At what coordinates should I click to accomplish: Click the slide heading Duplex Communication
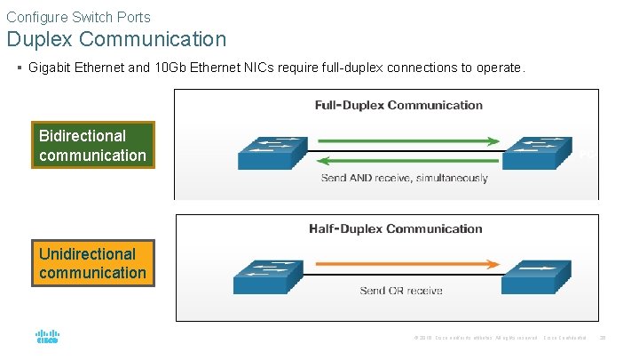pos(116,39)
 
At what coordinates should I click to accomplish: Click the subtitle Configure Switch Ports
pos(78,16)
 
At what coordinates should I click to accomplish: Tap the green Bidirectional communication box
pos(92,145)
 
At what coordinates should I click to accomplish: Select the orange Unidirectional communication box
pos(92,263)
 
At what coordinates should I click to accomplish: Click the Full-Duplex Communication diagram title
pos(398,105)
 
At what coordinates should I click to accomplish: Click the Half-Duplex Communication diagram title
pos(395,228)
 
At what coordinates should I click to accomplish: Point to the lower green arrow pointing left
pos(404,160)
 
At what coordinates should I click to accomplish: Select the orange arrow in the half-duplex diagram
pos(404,265)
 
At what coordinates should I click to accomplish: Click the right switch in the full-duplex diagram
pos(538,152)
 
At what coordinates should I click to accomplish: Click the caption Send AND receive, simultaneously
pos(404,178)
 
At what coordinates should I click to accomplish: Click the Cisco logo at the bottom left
pos(47,338)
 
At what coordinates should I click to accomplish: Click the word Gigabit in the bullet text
pos(51,68)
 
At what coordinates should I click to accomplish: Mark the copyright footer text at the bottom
pos(475,338)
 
